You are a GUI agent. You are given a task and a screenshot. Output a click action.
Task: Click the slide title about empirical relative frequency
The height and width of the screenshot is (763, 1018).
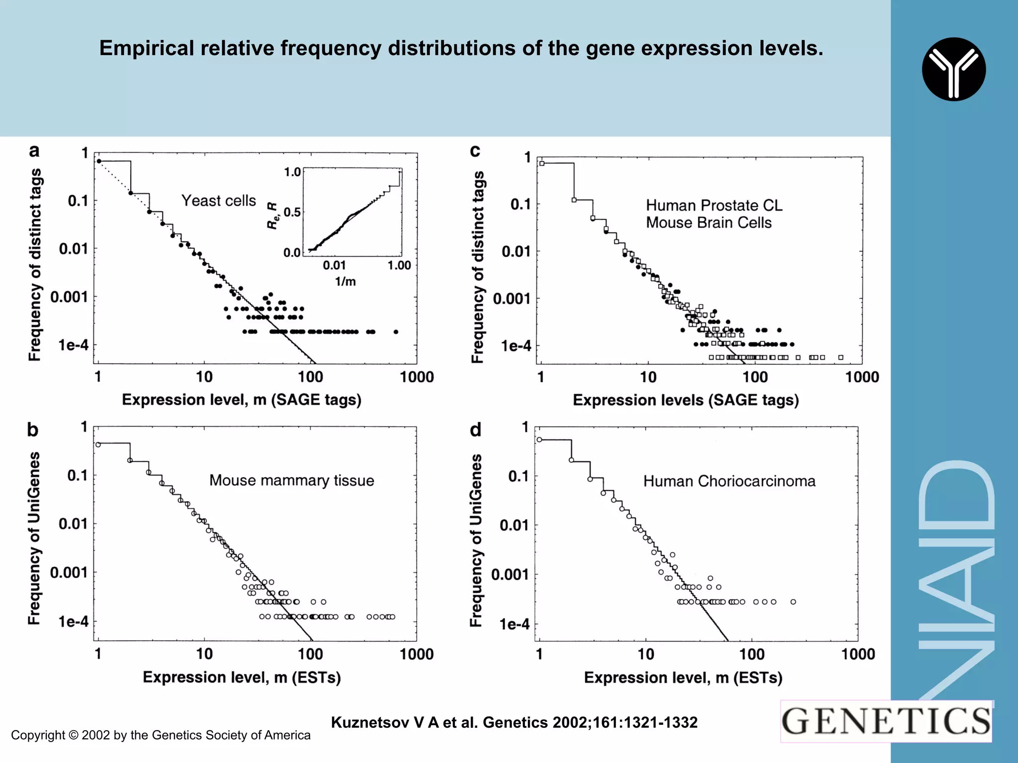click(x=461, y=48)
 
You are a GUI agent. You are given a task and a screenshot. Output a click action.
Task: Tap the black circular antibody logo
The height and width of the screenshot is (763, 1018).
click(x=953, y=69)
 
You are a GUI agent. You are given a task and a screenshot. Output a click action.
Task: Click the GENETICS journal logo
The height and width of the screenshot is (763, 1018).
click(x=886, y=721)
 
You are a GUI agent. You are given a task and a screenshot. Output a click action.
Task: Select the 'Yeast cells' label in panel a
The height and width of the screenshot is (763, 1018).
click(x=218, y=201)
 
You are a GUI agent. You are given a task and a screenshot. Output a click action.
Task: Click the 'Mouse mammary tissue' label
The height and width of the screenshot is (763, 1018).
click(x=291, y=480)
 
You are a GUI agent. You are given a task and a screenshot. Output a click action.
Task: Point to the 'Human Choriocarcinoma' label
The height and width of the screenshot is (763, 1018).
click(x=729, y=481)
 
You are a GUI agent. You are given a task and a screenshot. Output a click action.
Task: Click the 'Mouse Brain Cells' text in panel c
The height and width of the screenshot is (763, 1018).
click(x=708, y=223)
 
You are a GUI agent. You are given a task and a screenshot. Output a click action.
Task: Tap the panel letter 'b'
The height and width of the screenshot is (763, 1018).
click(x=33, y=429)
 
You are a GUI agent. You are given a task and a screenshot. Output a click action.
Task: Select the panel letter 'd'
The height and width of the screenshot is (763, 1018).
click(x=476, y=429)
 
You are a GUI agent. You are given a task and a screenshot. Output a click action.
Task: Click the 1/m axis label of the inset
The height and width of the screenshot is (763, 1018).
click(x=345, y=282)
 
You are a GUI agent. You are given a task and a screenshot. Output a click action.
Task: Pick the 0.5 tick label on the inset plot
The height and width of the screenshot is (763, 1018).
click(x=292, y=212)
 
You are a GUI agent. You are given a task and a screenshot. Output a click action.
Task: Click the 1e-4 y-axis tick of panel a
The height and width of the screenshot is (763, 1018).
click(x=73, y=345)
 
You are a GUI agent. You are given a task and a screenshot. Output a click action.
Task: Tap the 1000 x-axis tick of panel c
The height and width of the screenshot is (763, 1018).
click(x=862, y=377)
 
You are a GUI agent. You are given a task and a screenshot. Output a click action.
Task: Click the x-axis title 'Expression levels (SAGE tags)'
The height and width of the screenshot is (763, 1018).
click(x=685, y=400)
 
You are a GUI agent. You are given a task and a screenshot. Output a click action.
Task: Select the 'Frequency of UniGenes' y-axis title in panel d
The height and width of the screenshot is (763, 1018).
click(x=476, y=540)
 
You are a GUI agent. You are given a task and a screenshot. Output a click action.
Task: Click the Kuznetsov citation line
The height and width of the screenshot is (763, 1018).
click(x=514, y=722)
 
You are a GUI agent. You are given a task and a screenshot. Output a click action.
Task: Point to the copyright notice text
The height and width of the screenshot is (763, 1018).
click(x=161, y=735)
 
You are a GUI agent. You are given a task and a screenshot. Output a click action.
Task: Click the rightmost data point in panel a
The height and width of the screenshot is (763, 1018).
click(x=396, y=332)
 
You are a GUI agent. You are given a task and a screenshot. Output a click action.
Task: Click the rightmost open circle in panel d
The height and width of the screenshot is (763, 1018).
click(x=793, y=602)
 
